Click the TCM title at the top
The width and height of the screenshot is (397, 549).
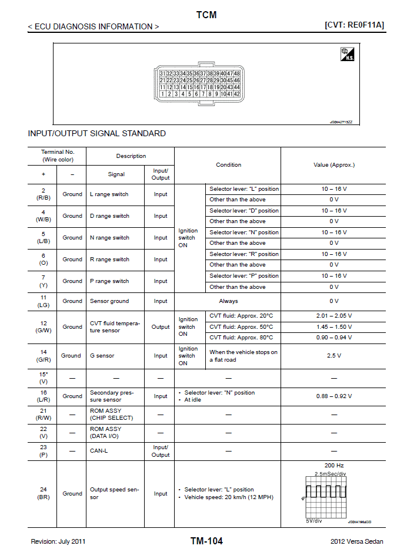[206, 15]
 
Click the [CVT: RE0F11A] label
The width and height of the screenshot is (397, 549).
[353, 25]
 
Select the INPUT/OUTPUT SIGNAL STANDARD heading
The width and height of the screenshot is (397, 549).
[97, 133]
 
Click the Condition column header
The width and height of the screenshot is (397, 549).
[228, 165]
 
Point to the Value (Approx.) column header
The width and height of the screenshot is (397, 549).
[334, 165]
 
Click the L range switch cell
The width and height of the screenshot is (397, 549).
[109, 194]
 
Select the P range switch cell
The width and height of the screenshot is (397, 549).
[109, 281]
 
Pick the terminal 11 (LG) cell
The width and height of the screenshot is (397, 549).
[43, 301]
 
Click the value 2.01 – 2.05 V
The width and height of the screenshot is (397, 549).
[334, 316]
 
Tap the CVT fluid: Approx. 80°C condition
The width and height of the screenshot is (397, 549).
[242, 338]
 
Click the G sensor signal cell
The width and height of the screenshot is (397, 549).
[102, 356]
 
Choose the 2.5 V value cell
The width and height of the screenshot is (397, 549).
[334, 356]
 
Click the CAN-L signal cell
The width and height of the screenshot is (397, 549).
[99, 451]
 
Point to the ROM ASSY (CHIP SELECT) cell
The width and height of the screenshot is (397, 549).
[111, 415]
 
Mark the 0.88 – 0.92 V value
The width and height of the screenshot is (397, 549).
[334, 396]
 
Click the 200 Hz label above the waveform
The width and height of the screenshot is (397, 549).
[334, 465]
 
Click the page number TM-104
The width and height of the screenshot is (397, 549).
[206, 541]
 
